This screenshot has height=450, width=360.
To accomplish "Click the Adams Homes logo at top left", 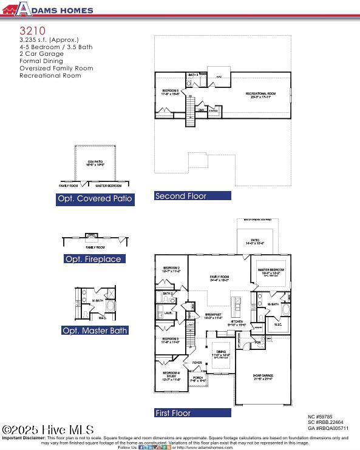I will (48, 9).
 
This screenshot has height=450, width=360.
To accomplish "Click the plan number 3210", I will (32, 29).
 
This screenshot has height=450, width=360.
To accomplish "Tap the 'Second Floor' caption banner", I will (192, 196).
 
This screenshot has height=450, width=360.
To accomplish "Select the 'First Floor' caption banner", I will (192, 413).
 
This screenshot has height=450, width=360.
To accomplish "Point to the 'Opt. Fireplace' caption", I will (93, 259).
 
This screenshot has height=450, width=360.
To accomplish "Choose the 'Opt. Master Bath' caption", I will (95, 331).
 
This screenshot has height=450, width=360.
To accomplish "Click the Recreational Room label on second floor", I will (260, 95).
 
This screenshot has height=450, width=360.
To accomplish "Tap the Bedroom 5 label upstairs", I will (169, 93).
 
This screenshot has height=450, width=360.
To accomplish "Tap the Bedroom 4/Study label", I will (170, 377).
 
